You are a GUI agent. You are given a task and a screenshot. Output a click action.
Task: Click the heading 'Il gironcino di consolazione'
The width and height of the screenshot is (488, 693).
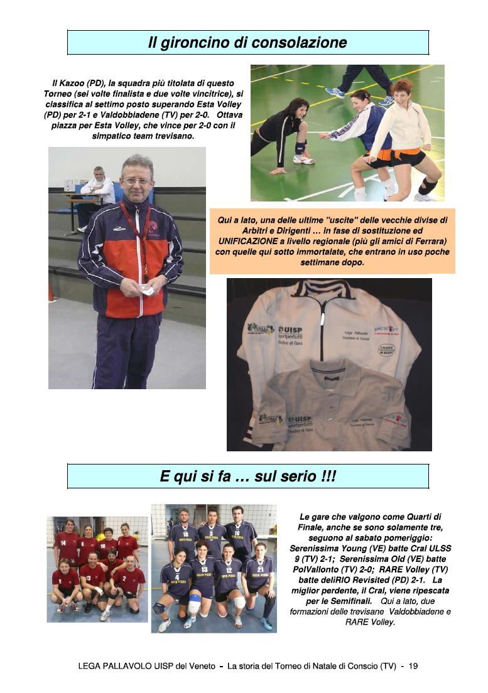click(247, 43)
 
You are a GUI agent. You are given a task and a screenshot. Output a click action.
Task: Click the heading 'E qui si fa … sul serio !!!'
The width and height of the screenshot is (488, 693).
click(247, 476)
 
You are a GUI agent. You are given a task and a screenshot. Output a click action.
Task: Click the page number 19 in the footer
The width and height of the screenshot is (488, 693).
click(413, 666)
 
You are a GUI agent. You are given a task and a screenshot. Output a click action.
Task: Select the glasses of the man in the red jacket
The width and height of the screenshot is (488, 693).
click(137, 181)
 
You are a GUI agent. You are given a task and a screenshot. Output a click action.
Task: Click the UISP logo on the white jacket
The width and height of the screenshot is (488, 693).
click(290, 331)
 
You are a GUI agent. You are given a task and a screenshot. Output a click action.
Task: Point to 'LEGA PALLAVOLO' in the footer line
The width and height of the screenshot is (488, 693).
click(114, 666)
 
